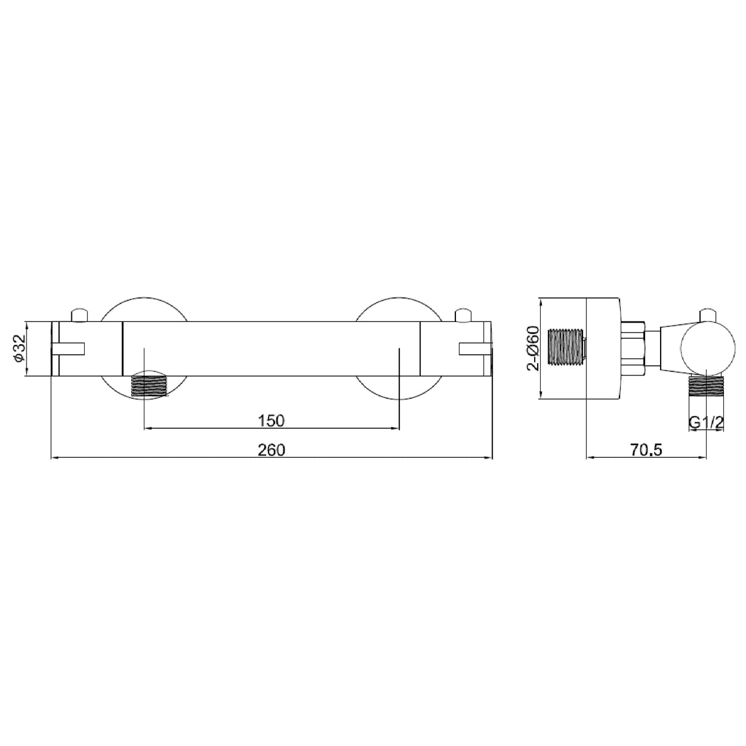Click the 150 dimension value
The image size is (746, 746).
(x=271, y=420)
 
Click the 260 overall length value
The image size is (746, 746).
(x=272, y=450)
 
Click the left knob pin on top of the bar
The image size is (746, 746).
(x=80, y=315)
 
